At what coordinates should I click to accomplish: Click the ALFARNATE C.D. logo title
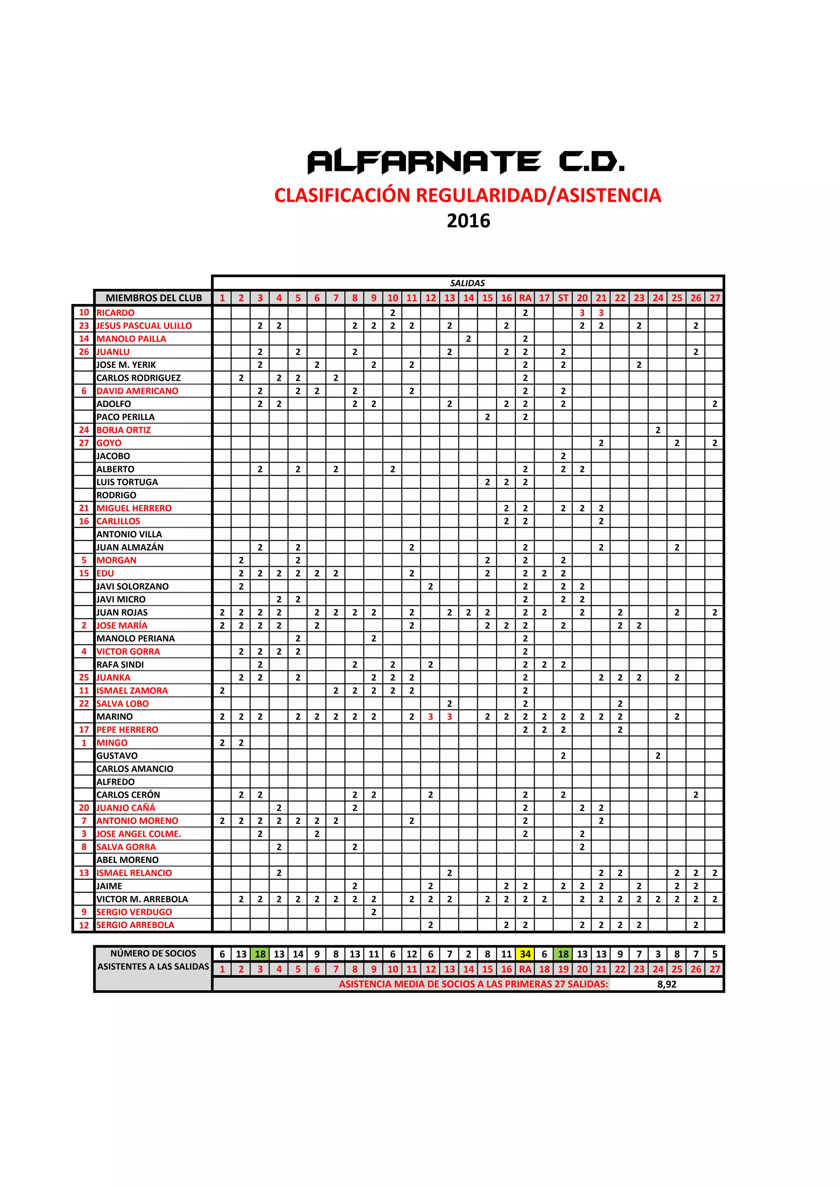(x=466, y=161)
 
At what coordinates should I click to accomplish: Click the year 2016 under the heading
(x=468, y=221)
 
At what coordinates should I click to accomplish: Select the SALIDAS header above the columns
(x=467, y=283)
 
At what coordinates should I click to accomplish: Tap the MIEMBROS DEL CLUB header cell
(x=154, y=298)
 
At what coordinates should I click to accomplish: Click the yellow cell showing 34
(x=525, y=954)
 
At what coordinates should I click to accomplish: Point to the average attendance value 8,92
(x=667, y=984)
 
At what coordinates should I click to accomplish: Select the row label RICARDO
(x=115, y=313)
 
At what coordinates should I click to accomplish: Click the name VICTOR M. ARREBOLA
(x=142, y=899)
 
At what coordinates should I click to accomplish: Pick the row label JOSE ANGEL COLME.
(x=138, y=834)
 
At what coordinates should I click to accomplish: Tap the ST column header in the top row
(x=563, y=298)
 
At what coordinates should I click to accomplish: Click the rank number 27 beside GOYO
(x=84, y=443)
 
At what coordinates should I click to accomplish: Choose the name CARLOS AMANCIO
(x=135, y=769)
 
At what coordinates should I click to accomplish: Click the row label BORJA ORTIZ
(x=124, y=430)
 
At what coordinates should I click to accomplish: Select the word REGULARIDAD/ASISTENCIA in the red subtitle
(x=538, y=195)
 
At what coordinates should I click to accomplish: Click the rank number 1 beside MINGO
(x=84, y=742)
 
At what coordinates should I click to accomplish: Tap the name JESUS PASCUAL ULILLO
(x=144, y=326)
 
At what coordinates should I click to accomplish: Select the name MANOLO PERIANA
(x=136, y=638)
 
